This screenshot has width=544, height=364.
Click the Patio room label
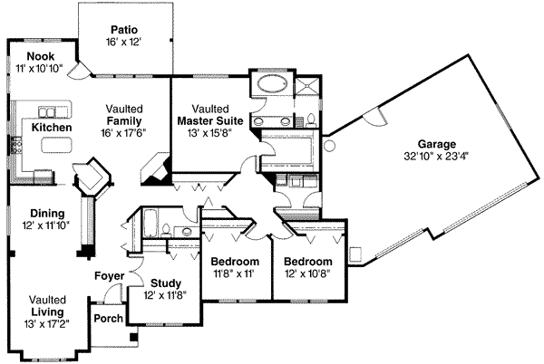pyautogui.click(x=124, y=30)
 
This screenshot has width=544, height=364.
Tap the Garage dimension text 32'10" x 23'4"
pyautogui.click(x=436, y=157)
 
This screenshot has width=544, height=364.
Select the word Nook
pyautogui.click(x=41, y=56)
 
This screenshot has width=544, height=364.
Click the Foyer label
pyautogui.click(x=110, y=276)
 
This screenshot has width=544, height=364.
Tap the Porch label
pyautogui.click(x=109, y=319)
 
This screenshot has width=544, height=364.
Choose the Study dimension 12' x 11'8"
pyautogui.click(x=166, y=295)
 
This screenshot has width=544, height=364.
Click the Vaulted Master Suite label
pyautogui.click(x=210, y=115)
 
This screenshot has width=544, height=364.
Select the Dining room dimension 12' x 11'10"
pyautogui.click(x=46, y=225)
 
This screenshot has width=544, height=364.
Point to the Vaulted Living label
pyautogui.click(x=47, y=306)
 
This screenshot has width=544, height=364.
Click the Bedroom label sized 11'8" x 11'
pyautogui.click(x=235, y=261)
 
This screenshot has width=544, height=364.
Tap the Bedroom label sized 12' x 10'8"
pyautogui.click(x=308, y=261)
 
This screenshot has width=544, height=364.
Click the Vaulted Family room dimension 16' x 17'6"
pyautogui.click(x=124, y=132)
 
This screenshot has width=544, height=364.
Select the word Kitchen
pyautogui.click(x=52, y=128)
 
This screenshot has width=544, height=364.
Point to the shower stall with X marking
pyautogui.click(x=306, y=85)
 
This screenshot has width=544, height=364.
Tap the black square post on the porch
pyautogui.click(x=133, y=337)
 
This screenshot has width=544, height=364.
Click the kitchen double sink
pyautogui.click(x=46, y=112)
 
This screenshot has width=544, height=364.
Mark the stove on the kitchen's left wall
pyautogui.click(x=16, y=146)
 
